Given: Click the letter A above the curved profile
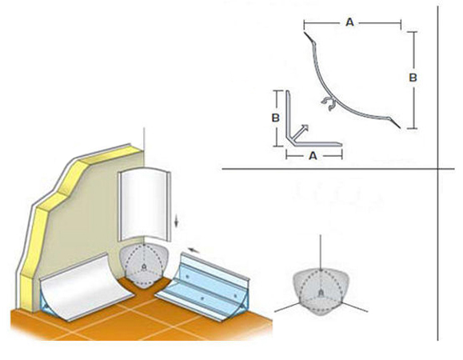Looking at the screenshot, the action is (x=349, y=22).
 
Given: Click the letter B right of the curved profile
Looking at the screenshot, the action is (x=413, y=78).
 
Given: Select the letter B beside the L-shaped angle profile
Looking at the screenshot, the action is (x=275, y=118).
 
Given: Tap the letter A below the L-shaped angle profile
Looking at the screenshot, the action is (x=313, y=155).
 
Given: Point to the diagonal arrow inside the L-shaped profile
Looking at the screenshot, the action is (x=299, y=132).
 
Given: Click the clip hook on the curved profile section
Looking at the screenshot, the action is (x=328, y=102).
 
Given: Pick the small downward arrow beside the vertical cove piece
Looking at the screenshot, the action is (x=176, y=221).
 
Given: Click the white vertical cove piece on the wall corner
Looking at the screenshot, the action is (x=144, y=205).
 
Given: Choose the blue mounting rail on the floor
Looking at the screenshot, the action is (x=204, y=286).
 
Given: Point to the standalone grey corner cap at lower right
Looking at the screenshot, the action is (x=321, y=291).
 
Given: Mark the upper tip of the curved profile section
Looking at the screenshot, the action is (x=305, y=32).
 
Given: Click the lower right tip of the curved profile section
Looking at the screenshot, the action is (x=400, y=128).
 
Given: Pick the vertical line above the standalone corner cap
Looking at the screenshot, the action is (x=321, y=252).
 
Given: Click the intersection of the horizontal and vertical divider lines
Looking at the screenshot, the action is (x=438, y=169).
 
